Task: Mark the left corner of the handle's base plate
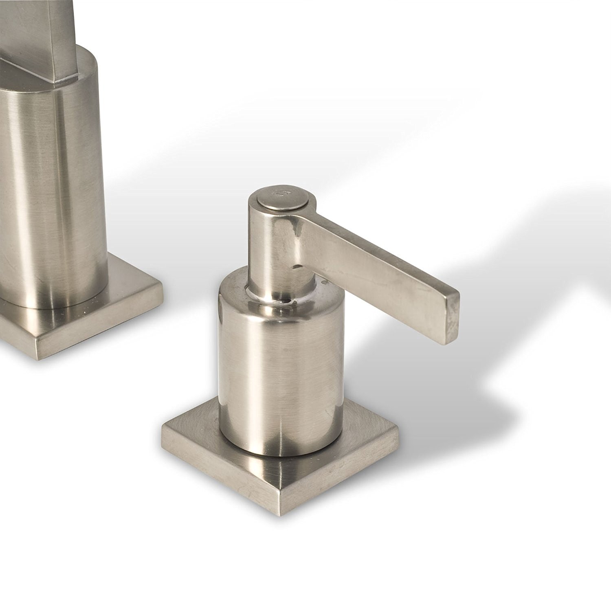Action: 163,426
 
